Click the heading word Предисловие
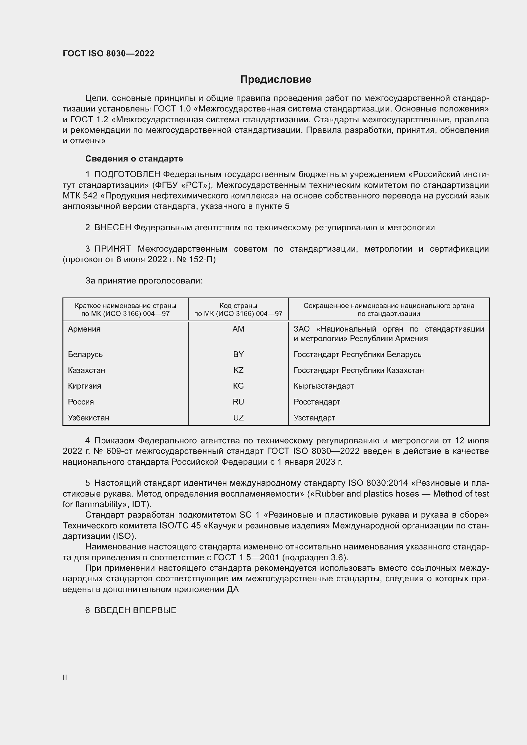pyautogui.click(x=276, y=80)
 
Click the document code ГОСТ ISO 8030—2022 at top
pyautogui.click(x=108, y=54)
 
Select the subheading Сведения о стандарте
pyautogui.click(x=134, y=159)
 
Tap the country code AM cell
pyautogui.click(x=238, y=329)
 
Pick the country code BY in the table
pyautogui.click(x=238, y=354)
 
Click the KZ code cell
pyautogui.click(x=238, y=370)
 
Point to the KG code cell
pyautogui.click(x=238, y=386)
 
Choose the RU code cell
pyautogui.click(x=238, y=402)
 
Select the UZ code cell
pyautogui.click(x=238, y=418)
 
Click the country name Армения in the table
pyautogui.click(x=84, y=329)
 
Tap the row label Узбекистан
pyautogui.click(x=89, y=418)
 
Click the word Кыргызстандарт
pyautogui.click(x=323, y=386)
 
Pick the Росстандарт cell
pyautogui.click(x=317, y=402)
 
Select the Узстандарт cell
pyautogui.click(x=314, y=418)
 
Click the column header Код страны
pyautogui.click(x=238, y=306)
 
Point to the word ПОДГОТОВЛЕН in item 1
pyautogui.click(x=127, y=175)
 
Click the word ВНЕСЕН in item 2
pyautogui.click(x=112, y=228)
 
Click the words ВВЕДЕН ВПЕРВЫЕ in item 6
pyautogui.click(x=135, y=610)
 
